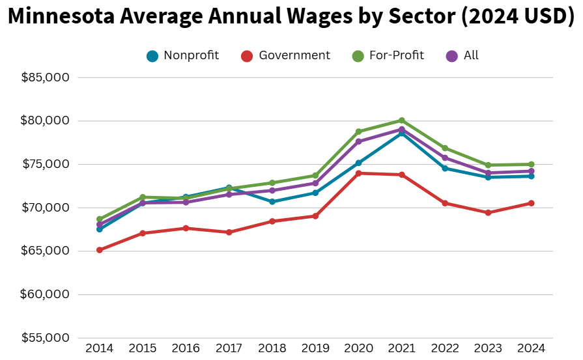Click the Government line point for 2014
point(100,250)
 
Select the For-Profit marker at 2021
point(402,120)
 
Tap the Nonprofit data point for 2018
point(272,202)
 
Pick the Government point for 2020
point(358,173)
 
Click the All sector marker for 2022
point(445,158)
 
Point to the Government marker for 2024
point(532,203)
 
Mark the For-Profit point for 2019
point(315,176)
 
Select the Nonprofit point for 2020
point(358,163)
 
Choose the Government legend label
point(294,55)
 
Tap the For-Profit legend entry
point(396,55)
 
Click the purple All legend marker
point(451,56)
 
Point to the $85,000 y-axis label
point(46,77)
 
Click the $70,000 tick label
point(46,208)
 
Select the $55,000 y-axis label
point(46,338)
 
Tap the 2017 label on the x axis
point(229,348)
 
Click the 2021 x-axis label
point(402,348)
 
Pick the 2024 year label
point(532,348)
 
